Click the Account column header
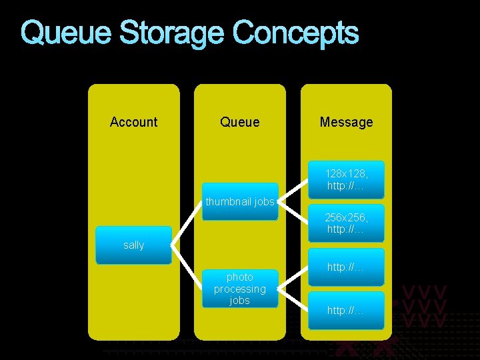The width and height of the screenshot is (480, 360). tap(133, 122)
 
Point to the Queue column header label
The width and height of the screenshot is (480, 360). tap(239, 122)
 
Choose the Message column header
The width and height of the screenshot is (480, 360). tap(346, 122)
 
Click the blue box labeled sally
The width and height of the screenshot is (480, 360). tap(133, 245)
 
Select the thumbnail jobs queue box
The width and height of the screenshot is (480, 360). tap(239, 201)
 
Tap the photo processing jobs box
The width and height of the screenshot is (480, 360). tap(239, 289)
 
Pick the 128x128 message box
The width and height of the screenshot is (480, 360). tap(346, 179)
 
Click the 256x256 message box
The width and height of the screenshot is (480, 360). tap(346, 223)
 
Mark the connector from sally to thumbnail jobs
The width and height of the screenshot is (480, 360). tap(187, 223)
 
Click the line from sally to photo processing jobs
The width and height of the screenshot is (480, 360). tap(187, 267)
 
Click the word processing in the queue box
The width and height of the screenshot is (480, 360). tap(239, 289)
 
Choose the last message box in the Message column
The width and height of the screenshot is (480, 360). tap(346, 310)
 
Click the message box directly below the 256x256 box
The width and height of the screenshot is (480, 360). tap(346, 267)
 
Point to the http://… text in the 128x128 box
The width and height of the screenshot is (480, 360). tap(345, 185)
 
